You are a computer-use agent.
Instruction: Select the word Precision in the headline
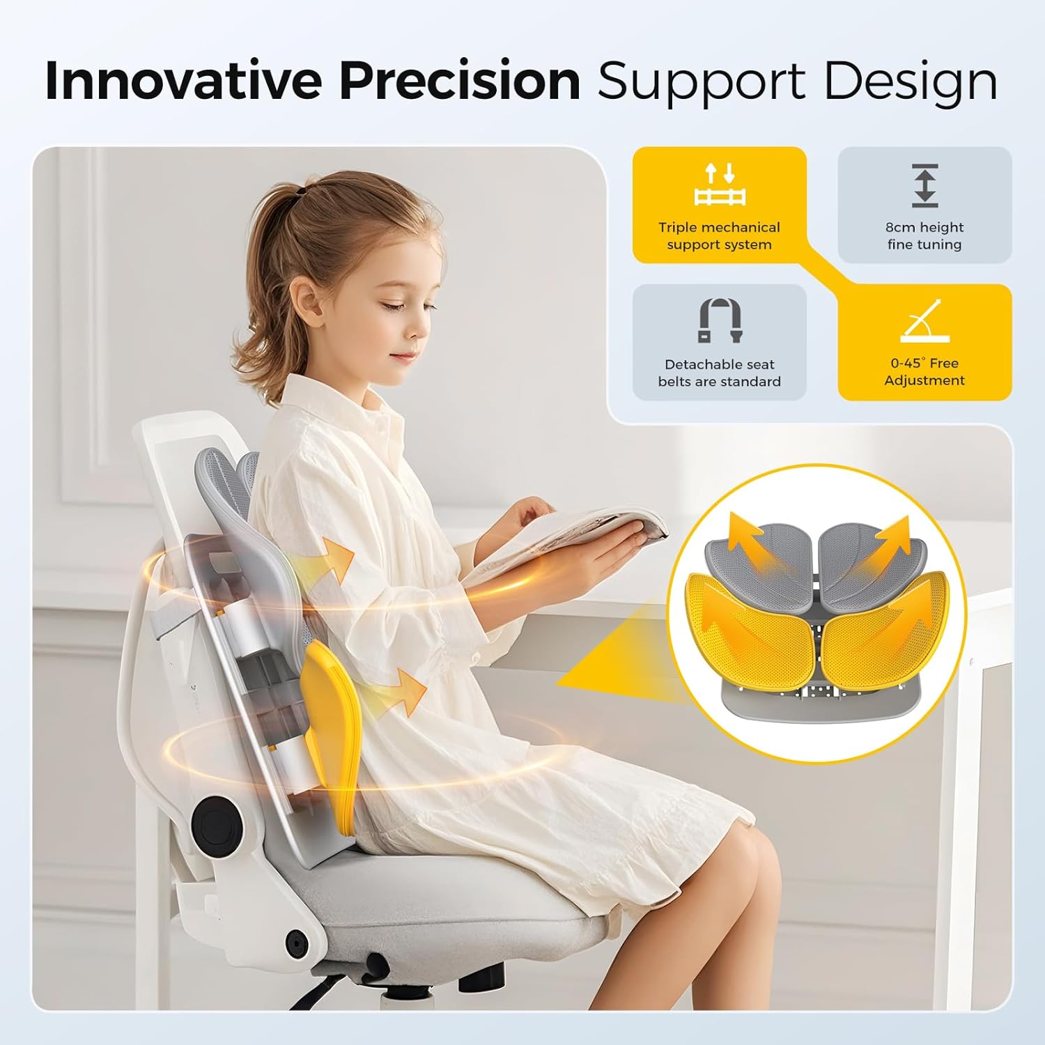coord(460,82)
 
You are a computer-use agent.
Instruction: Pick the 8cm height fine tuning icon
coord(924,186)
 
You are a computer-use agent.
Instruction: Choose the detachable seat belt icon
coord(719,320)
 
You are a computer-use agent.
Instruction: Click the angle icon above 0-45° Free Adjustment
coord(924,321)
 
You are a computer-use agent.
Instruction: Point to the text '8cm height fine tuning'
coord(924,235)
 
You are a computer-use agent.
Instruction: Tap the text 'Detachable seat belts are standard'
coord(719,373)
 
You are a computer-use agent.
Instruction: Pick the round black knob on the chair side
coord(211,823)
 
